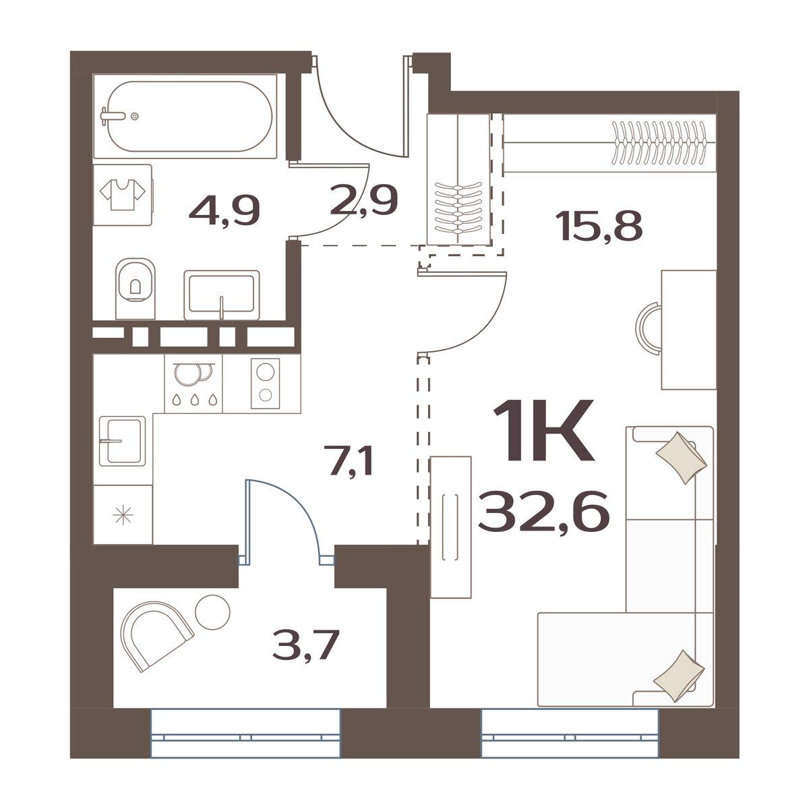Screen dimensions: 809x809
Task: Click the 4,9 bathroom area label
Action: pos(224,211)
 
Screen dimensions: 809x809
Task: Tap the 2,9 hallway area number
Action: pos(363,201)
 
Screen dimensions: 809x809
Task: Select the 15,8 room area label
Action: pos(599,226)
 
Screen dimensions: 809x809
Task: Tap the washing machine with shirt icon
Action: pos(123,195)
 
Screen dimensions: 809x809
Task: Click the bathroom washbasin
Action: pos(222,295)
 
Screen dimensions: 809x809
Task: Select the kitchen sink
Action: pos(122,441)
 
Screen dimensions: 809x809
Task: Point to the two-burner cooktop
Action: pos(266,383)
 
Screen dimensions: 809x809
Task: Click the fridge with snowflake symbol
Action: pos(123,514)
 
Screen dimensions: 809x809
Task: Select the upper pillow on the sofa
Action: pos(682,458)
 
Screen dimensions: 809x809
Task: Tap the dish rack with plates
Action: pos(193,384)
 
